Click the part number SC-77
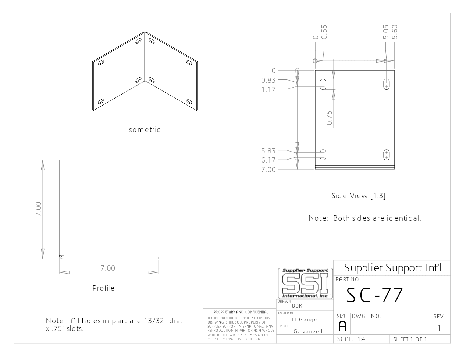[x=375, y=295]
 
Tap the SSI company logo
[x=305, y=283]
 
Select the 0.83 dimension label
[x=268, y=80]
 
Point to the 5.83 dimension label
[x=268, y=151]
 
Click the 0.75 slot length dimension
[x=329, y=118]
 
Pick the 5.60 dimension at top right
[x=395, y=32]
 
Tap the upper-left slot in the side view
[x=323, y=84]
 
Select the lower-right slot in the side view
[x=387, y=155]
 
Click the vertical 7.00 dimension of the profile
[x=38, y=209]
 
